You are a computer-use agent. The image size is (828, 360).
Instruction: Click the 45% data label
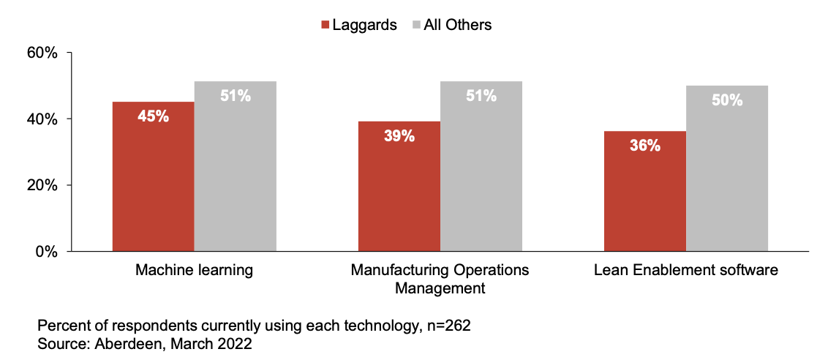click(x=153, y=116)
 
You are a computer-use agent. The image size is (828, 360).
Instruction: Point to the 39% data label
click(x=399, y=135)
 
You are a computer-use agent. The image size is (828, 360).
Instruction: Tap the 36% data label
click(x=645, y=145)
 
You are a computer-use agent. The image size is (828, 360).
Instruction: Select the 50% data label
click(x=727, y=100)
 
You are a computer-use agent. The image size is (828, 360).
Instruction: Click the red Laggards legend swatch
click(x=325, y=25)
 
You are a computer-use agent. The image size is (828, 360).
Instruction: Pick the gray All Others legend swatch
click(x=416, y=25)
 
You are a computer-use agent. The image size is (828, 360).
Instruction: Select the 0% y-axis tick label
click(x=48, y=252)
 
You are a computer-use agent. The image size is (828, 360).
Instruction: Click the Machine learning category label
click(x=194, y=271)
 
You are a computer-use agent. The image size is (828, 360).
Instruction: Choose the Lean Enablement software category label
click(x=686, y=271)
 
